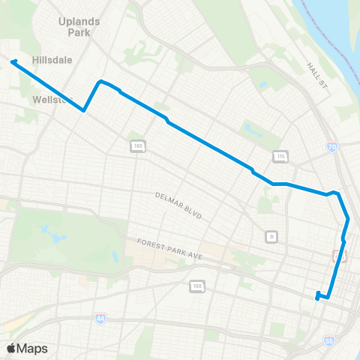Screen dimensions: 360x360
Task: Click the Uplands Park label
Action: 79,28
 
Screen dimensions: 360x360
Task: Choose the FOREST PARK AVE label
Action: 170,249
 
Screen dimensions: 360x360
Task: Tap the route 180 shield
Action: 136,145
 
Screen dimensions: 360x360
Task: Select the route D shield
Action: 271,236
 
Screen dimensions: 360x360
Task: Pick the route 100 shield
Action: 196,286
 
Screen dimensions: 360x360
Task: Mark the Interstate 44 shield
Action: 100,319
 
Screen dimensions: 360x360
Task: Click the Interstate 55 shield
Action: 329,340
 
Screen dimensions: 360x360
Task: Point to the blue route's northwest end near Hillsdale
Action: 12,62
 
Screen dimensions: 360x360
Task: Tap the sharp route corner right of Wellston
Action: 83,111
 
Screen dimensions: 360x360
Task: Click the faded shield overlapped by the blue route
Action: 337,256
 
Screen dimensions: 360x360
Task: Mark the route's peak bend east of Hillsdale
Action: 100,81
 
